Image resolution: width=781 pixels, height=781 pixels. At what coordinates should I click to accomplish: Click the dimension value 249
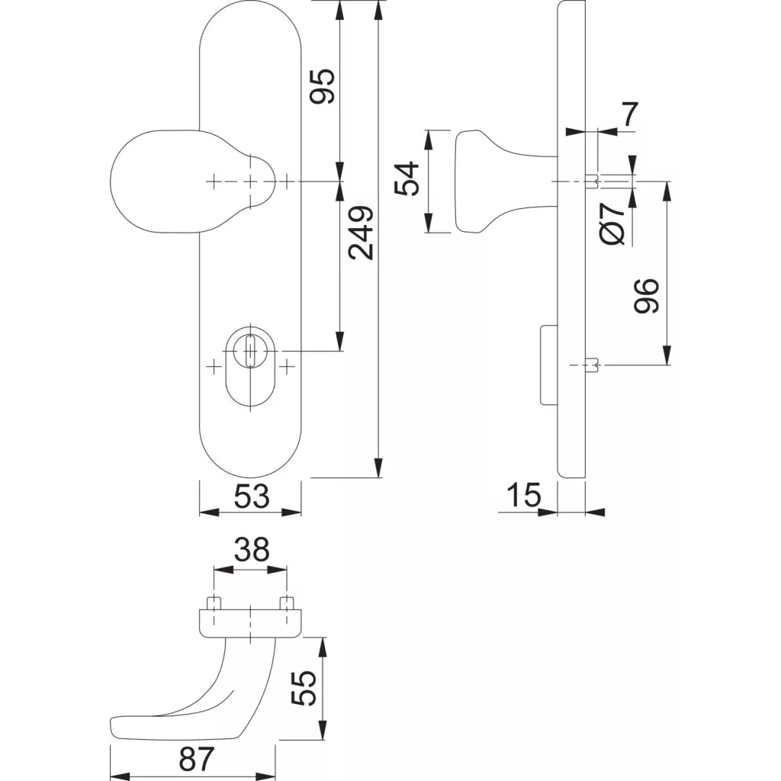[361, 233]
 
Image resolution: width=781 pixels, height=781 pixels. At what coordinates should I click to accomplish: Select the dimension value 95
[322, 86]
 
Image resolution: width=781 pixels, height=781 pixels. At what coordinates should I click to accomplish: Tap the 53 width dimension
[252, 496]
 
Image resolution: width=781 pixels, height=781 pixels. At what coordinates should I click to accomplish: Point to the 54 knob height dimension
[407, 178]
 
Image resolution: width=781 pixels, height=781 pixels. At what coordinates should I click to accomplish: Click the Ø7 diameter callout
[612, 223]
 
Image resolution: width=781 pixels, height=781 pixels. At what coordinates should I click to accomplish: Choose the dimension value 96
[646, 296]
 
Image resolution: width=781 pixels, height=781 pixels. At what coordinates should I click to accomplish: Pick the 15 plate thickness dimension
[523, 494]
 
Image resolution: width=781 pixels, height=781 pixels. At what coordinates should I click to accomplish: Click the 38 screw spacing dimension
[252, 549]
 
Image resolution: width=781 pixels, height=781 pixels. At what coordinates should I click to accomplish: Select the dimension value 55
[304, 687]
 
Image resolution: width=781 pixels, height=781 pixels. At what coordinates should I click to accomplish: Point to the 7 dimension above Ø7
[630, 114]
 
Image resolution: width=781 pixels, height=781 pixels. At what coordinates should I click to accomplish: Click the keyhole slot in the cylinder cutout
[250, 351]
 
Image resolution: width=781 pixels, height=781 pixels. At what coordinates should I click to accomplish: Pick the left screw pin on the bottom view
[214, 603]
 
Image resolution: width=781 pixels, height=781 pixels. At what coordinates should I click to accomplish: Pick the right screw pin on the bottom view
[287, 603]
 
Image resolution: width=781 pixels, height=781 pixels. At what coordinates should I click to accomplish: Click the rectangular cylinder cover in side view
[549, 365]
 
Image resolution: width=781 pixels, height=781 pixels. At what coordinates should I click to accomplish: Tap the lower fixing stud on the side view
[591, 365]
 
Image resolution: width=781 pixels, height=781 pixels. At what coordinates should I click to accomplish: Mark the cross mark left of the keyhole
[214, 368]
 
